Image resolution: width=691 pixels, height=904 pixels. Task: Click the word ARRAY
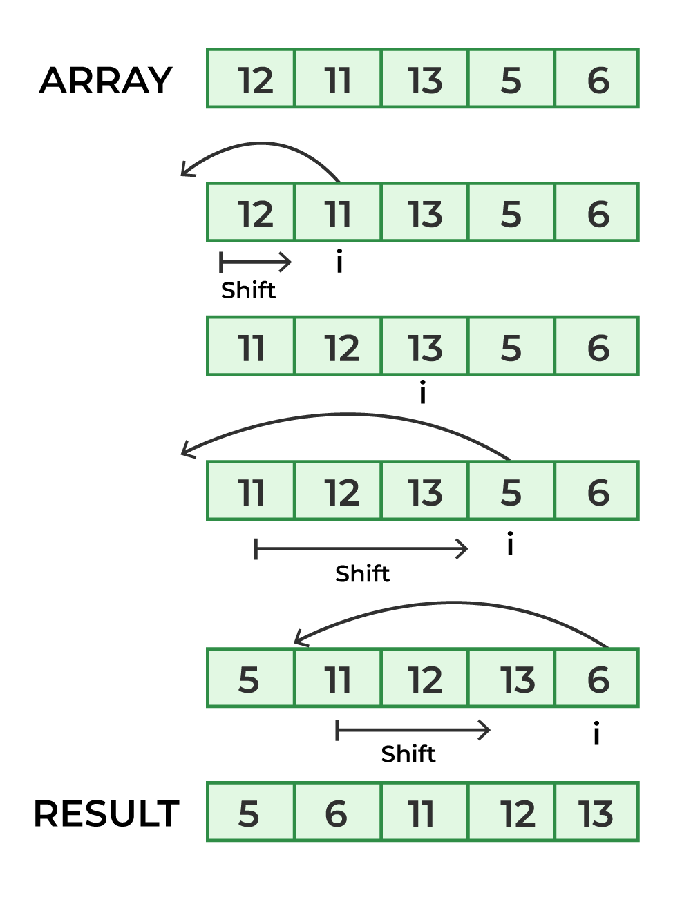click(x=106, y=80)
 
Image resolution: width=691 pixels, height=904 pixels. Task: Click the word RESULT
click(x=106, y=814)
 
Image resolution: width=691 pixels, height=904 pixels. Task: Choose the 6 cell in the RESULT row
click(x=337, y=812)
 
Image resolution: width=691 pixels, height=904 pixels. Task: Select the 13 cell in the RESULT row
click(x=596, y=812)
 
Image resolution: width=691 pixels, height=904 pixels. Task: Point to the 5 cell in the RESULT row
click(x=250, y=812)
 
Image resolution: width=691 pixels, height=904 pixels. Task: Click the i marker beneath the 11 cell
click(x=339, y=262)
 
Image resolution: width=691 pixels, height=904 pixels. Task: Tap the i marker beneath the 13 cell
click(x=423, y=393)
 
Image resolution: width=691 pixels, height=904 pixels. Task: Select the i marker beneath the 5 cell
click(x=510, y=544)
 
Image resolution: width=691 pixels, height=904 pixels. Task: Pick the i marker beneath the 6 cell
click(x=596, y=733)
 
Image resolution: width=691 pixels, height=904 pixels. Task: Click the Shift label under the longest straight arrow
click(x=362, y=574)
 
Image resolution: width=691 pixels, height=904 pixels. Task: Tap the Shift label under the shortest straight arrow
click(x=248, y=290)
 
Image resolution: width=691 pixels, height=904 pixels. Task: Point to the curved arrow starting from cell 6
click(x=453, y=605)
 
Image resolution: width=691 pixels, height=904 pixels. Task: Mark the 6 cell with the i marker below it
click(x=597, y=678)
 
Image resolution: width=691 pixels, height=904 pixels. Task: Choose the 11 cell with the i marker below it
click(x=338, y=213)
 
